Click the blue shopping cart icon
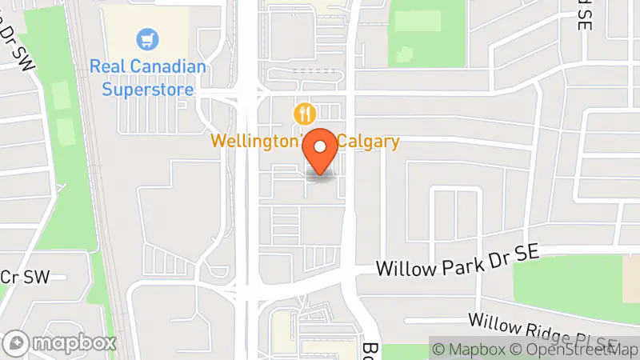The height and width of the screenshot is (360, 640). pos(148,38)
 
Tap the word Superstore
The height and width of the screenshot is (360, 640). pos(148,89)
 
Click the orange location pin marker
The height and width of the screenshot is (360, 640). pos(322,152)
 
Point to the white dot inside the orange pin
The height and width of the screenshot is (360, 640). pos(322,147)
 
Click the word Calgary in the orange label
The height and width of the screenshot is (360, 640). pos(368,142)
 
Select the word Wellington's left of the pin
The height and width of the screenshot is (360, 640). pos(255,142)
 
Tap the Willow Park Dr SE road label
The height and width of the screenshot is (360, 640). pos(458,263)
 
